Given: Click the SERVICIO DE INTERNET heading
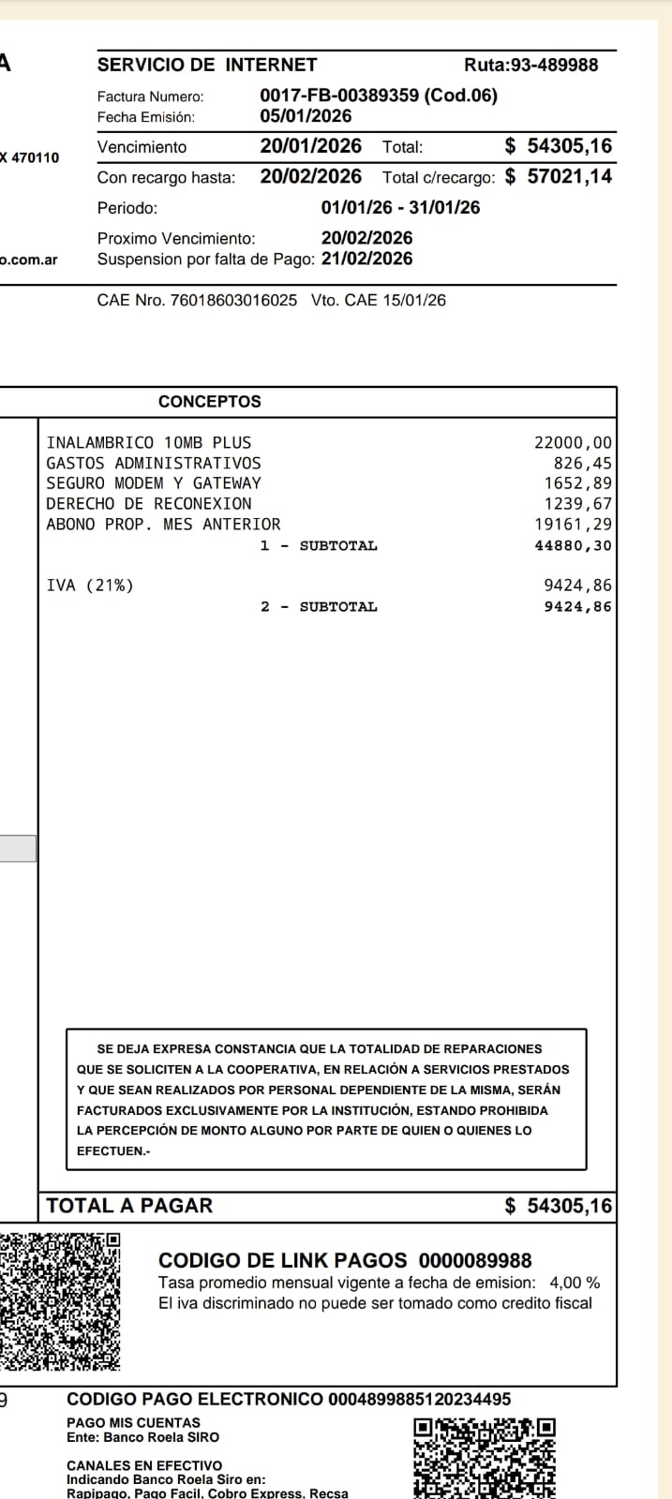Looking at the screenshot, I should coord(207,65).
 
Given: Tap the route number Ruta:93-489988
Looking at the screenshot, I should coord(530,65).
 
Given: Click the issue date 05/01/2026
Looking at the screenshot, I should coord(306,116).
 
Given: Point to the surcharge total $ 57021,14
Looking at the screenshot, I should coord(559,176).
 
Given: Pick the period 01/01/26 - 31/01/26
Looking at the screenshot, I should coord(400,208).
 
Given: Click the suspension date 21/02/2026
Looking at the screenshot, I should coord(366,259).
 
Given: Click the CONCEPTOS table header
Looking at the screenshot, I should coord(210,402).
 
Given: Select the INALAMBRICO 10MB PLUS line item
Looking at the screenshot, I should coord(149,442).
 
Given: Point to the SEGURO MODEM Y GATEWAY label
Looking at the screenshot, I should coord(154,483).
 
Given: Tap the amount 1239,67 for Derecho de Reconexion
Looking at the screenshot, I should coord(578,504).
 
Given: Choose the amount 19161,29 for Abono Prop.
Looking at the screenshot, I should coord(574,525).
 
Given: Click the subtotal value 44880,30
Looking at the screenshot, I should coord(574,545).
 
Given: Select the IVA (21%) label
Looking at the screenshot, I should coord(90,586).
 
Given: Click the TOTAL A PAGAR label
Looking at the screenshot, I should coord(129,1206).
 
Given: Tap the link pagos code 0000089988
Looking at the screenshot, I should coord(475,1261).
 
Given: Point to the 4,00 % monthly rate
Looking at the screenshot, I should coord(575,1283).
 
